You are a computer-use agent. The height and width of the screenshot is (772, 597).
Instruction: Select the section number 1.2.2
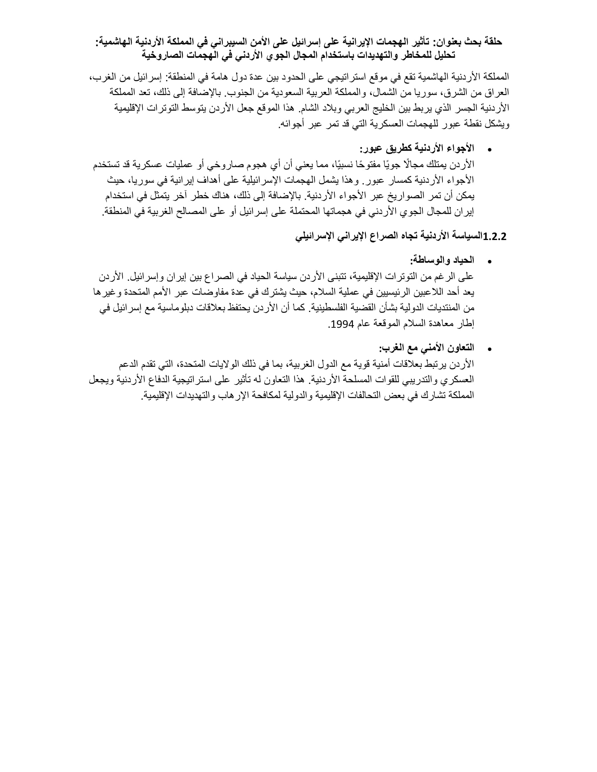494,237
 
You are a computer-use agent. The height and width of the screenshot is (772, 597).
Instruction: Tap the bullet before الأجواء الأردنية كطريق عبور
490,150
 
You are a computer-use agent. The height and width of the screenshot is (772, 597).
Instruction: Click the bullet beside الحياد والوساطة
490,262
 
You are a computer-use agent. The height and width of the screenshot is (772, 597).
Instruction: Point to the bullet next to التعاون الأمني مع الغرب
490,350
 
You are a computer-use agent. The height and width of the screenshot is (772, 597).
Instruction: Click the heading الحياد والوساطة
442,260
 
